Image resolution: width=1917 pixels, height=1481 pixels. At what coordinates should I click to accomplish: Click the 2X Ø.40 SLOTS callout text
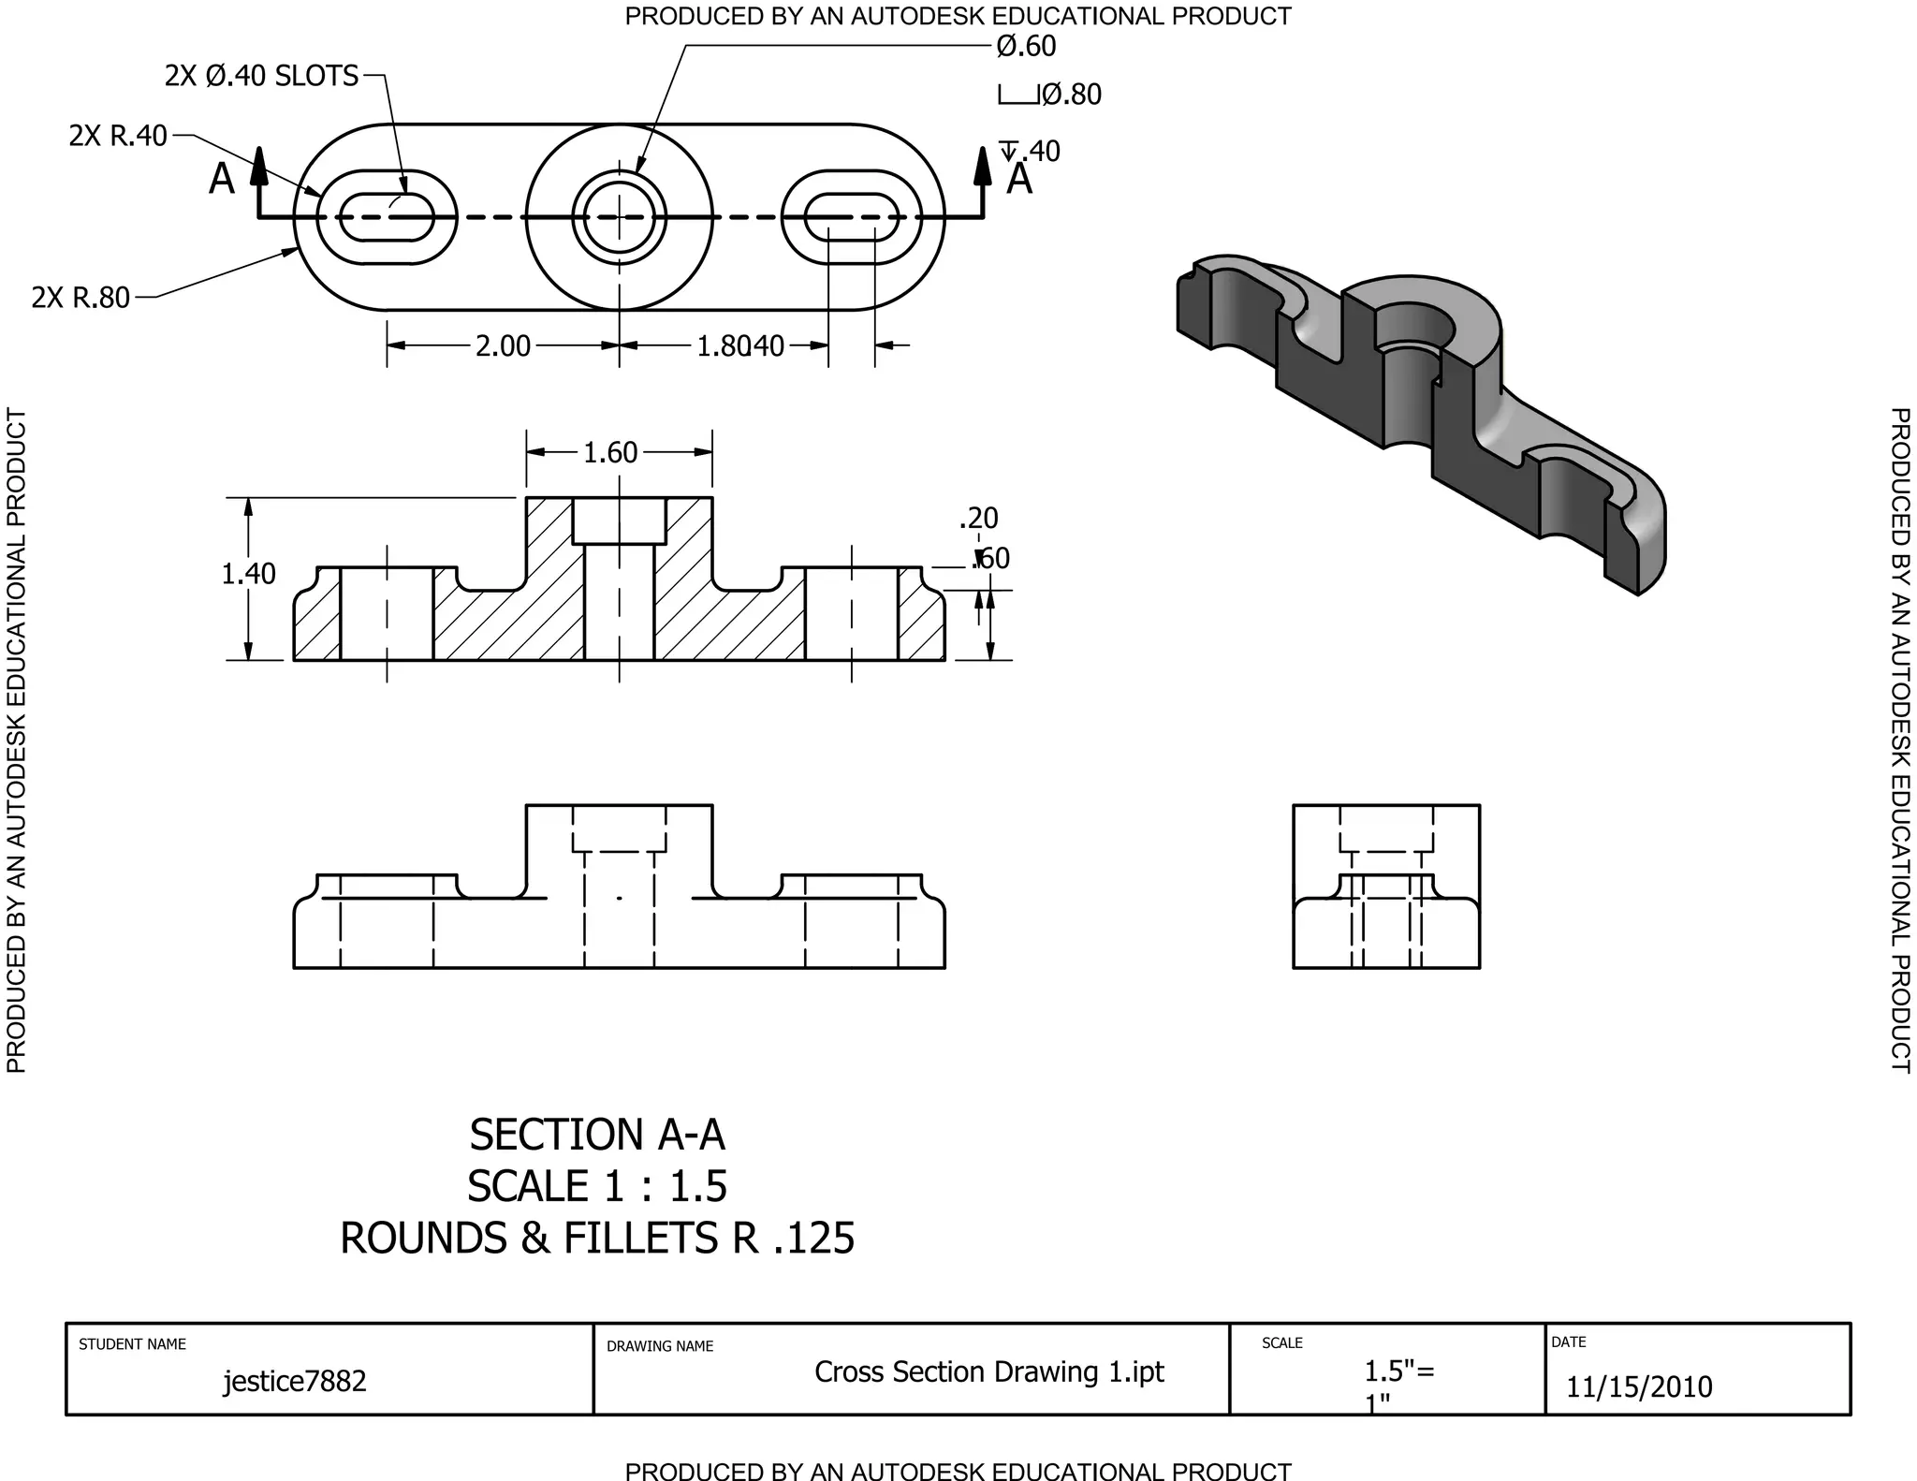(x=261, y=76)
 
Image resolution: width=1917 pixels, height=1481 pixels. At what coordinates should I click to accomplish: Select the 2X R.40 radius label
(x=118, y=136)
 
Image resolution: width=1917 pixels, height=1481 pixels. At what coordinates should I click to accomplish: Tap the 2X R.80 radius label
(x=80, y=298)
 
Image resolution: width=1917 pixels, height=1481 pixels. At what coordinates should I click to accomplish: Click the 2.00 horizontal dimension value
(x=503, y=346)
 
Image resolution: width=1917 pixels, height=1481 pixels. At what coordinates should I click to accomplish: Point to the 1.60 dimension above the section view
(x=610, y=453)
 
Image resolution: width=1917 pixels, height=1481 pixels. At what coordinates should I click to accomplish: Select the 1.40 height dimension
(x=248, y=573)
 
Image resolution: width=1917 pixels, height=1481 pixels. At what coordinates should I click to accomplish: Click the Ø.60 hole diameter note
(x=1026, y=46)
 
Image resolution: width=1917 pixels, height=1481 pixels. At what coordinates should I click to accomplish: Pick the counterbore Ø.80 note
(x=1071, y=95)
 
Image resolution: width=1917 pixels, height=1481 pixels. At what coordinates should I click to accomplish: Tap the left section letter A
(x=222, y=180)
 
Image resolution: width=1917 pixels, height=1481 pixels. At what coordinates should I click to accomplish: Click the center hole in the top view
(x=619, y=217)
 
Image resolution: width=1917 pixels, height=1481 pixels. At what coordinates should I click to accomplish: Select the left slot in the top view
(x=387, y=217)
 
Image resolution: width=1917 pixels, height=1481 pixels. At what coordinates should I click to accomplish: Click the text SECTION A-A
(x=597, y=1135)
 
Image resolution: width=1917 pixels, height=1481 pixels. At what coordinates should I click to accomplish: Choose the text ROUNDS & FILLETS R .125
(x=597, y=1238)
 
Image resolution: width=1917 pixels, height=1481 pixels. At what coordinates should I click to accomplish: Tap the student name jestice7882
(x=295, y=1381)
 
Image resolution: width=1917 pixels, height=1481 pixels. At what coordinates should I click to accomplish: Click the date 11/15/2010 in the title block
(x=1639, y=1386)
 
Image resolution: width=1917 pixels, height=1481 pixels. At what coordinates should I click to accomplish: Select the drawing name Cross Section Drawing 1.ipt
(x=988, y=1371)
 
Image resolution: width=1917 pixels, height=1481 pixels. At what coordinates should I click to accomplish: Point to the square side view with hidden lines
(x=1386, y=886)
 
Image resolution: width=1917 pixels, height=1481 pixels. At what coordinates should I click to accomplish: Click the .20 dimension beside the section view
(x=979, y=518)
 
